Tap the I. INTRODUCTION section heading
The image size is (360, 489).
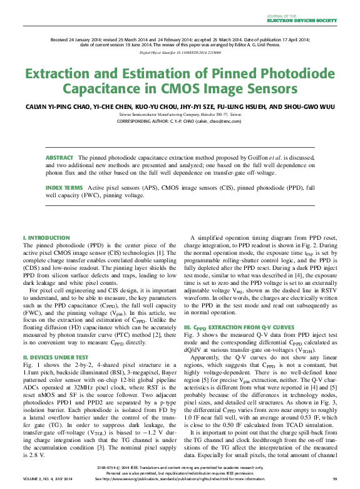tap(46, 238)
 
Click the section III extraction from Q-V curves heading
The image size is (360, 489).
tap(239, 327)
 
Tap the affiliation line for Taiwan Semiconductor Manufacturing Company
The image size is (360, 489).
tap(180, 115)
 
